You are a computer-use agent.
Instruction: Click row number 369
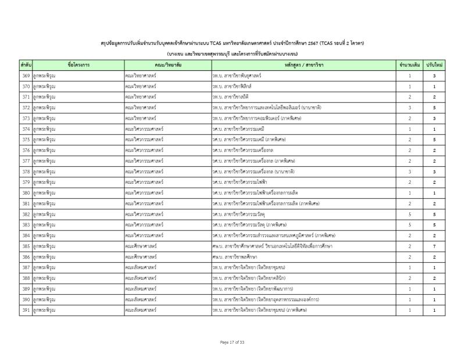click(x=26, y=76)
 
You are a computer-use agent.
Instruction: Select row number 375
click(x=26, y=140)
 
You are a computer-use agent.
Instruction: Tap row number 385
click(x=26, y=246)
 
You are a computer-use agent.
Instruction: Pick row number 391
click(x=26, y=310)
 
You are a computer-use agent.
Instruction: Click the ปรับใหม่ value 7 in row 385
click(x=434, y=246)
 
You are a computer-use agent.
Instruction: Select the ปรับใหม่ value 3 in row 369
click(x=434, y=76)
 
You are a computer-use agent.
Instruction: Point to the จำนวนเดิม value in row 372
click(x=409, y=108)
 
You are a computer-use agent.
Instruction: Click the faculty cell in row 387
click(x=142, y=268)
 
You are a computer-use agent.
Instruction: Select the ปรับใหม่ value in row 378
click(x=434, y=172)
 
